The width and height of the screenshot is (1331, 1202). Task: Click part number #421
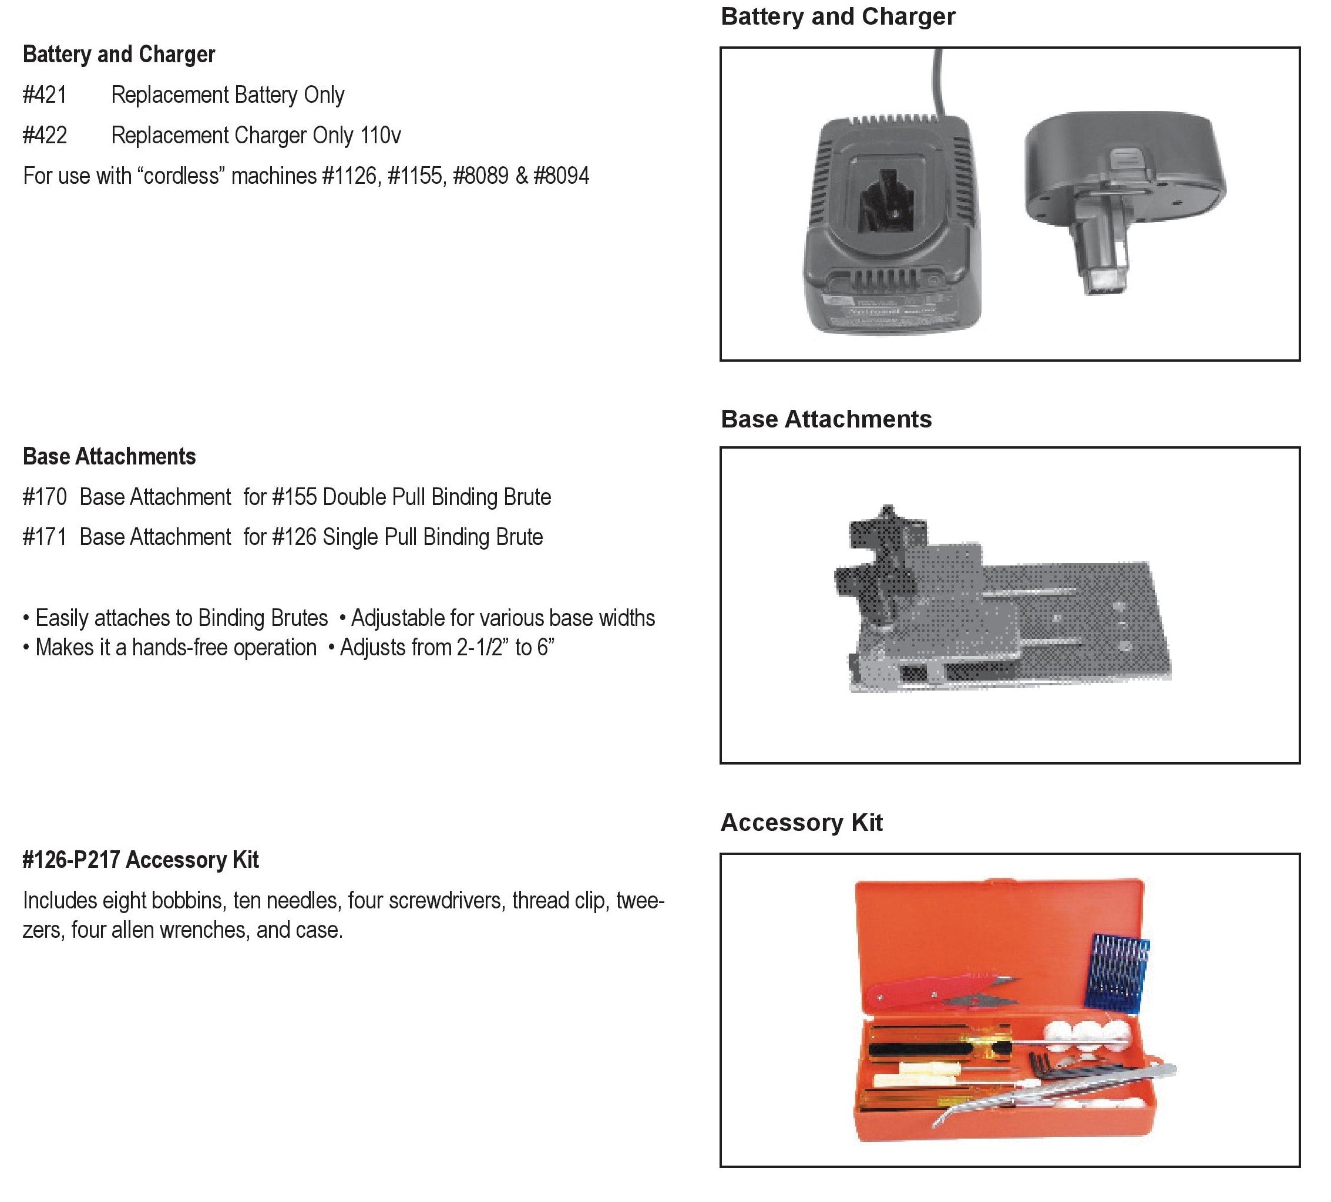(x=45, y=95)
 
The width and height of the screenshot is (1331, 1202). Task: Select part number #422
(x=45, y=135)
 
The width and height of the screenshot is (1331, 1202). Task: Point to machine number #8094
(x=561, y=176)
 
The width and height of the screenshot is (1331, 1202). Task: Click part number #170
(x=45, y=497)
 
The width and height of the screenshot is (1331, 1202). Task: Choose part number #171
(x=45, y=537)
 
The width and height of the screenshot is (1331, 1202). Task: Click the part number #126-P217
(x=71, y=860)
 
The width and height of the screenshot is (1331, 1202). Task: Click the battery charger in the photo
(x=891, y=224)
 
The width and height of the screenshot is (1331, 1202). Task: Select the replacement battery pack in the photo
(x=1122, y=191)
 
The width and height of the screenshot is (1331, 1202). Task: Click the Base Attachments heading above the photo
(x=826, y=419)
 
